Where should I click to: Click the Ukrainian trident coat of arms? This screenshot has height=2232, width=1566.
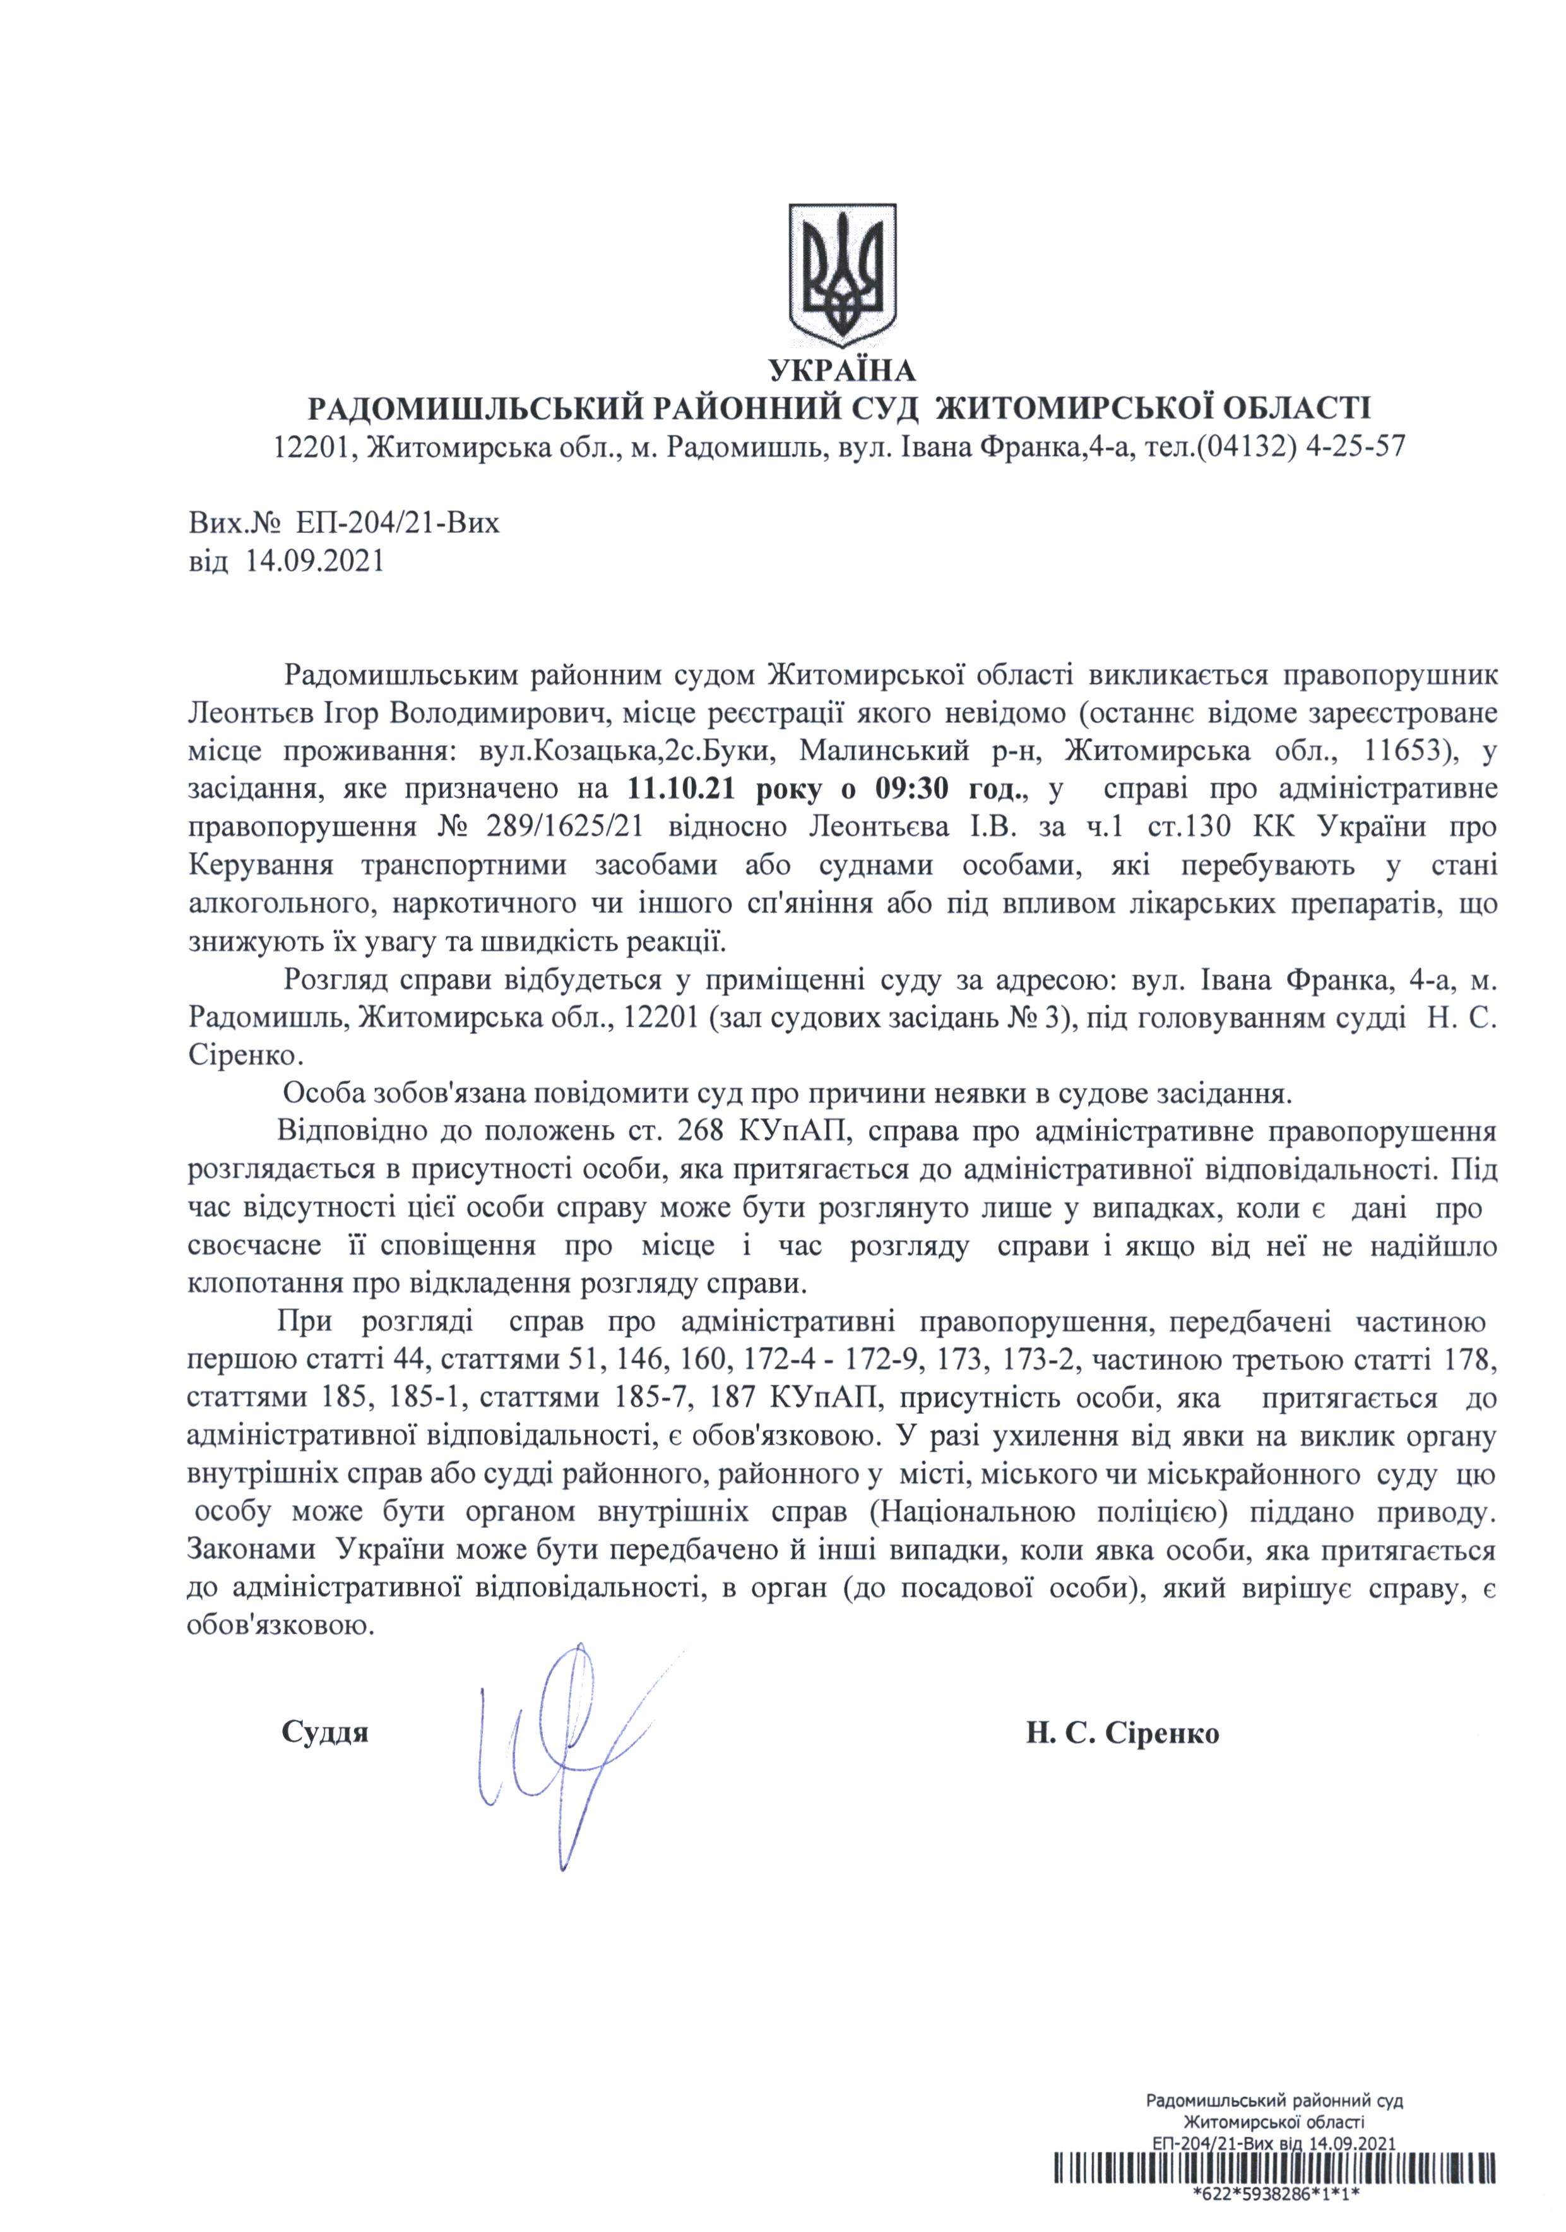tap(841, 272)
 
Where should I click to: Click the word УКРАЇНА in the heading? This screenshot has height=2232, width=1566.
tap(842, 371)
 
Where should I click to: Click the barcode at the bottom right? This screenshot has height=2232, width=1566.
tap(1273, 2192)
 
